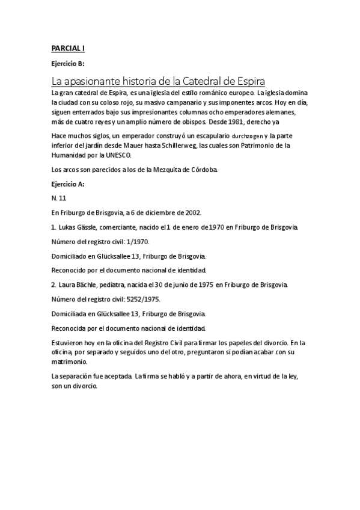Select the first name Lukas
69,227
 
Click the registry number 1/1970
138,241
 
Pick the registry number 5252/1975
142,298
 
